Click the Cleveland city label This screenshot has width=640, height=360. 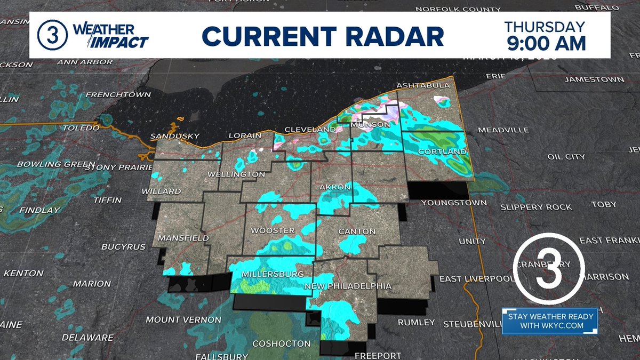[x=309, y=130]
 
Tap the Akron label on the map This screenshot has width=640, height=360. [x=334, y=187]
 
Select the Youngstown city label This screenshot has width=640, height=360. [x=454, y=203]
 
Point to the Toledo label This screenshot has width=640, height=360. [x=81, y=129]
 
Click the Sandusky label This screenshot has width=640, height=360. [x=174, y=137]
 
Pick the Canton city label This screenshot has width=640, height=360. [x=357, y=231]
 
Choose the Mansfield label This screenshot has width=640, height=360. [x=183, y=238]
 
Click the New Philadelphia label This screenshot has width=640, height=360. [x=348, y=286]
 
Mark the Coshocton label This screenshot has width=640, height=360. [x=281, y=343]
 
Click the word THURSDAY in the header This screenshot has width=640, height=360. [x=545, y=26]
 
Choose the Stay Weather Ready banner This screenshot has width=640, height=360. [x=550, y=321]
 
